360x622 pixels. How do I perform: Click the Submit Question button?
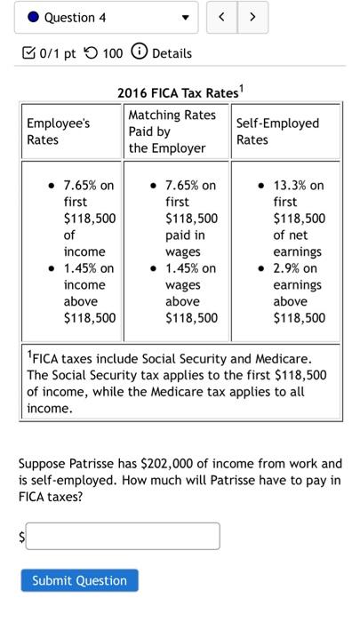(x=79, y=580)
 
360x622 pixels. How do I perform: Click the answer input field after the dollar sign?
(x=124, y=536)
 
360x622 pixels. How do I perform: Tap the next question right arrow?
(x=252, y=17)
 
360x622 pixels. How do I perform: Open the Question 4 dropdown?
(x=185, y=17)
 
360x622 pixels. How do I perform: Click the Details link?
(x=172, y=53)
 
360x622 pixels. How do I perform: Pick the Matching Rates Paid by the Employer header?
(x=172, y=132)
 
